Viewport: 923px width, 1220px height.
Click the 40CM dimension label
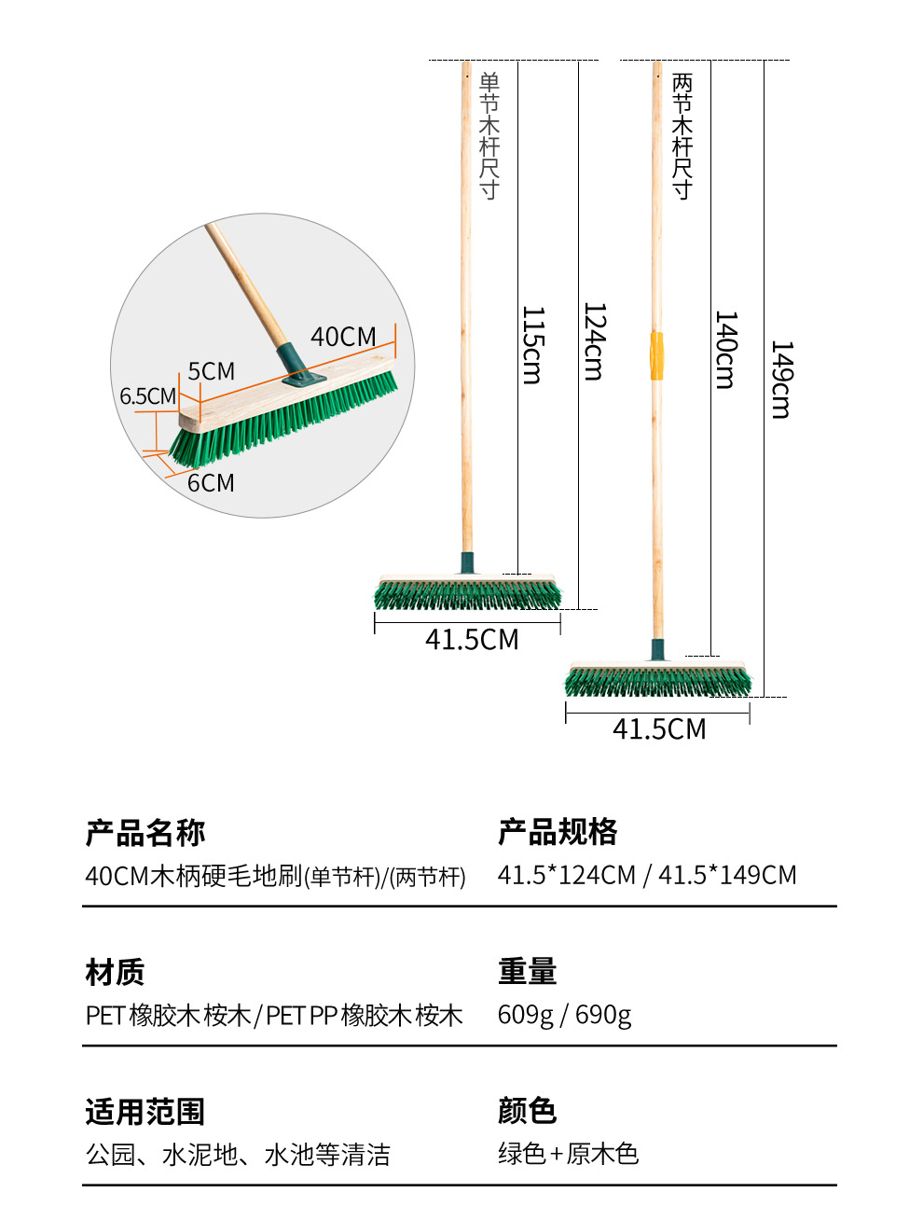point(343,337)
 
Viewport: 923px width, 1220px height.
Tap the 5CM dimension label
point(211,371)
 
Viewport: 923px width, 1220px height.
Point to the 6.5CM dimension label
point(147,396)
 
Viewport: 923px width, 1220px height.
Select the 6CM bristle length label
point(211,483)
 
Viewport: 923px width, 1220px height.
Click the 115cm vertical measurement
point(531,345)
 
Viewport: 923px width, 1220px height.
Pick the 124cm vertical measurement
point(594,341)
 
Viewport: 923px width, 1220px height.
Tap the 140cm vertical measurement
point(725,350)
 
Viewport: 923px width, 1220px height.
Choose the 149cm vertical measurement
point(781,380)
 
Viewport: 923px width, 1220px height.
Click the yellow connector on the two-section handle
point(656,355)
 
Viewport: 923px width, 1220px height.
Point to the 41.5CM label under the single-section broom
point(472,640)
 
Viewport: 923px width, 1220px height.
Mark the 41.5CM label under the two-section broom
point(659,729)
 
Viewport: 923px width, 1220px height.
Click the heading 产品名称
point(145,832)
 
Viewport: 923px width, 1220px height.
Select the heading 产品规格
point(558,831)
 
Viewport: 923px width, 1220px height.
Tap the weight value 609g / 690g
point(564,1015)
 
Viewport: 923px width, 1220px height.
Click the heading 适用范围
point(145,1112)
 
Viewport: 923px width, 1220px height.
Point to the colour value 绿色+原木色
point(568,1154)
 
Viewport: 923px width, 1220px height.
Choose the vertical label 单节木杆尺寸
point(489,135)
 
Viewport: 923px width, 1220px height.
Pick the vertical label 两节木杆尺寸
point(682,136)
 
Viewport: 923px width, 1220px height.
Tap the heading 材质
point(115,972)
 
